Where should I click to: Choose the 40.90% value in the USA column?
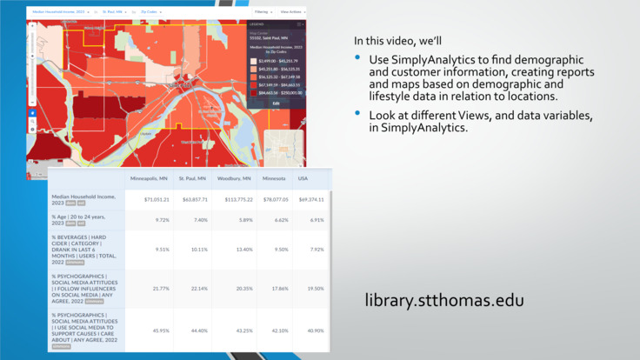pos(315,330)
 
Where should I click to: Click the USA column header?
pos(303,178)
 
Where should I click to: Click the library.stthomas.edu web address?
pos(443,302)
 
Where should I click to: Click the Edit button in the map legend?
pos(276,103)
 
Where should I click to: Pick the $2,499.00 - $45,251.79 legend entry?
pos(278,62)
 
